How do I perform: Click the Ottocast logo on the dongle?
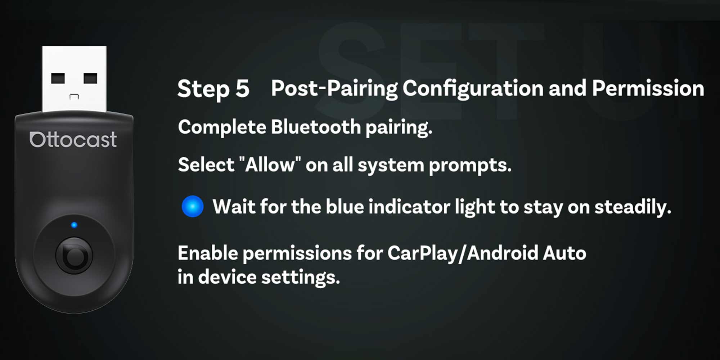coord(73,140)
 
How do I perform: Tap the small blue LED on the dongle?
coord(74,225)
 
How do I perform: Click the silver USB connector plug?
coord(74,79)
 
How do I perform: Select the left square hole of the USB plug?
coord(58,78)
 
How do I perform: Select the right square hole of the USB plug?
coord(90,78)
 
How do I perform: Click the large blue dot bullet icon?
coord(193,206)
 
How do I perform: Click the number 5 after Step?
coord(243,89)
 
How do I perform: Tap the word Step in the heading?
coord(203,89)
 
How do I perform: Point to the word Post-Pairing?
coord(334,89)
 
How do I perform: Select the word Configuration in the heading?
coord(473,89)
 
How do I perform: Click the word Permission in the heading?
coord(648,88)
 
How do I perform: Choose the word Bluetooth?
coord(316,127)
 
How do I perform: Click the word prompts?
coord(470,166)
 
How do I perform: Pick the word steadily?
coord(633,207)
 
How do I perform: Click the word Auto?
coord(564,253)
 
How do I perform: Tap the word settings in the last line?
coord(301,278)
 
